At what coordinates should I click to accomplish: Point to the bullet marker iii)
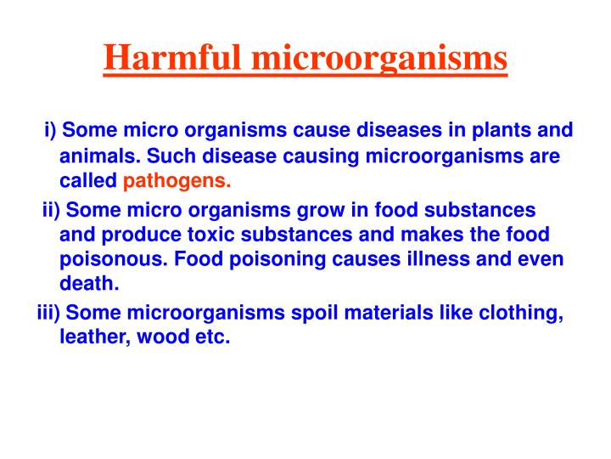pyautogui.click(x=48, y=312)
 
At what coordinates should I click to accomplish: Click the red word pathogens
pyautogui.click(x=177, y=181)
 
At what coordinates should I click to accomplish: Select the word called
pyautogui.click(x=87, y=180)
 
